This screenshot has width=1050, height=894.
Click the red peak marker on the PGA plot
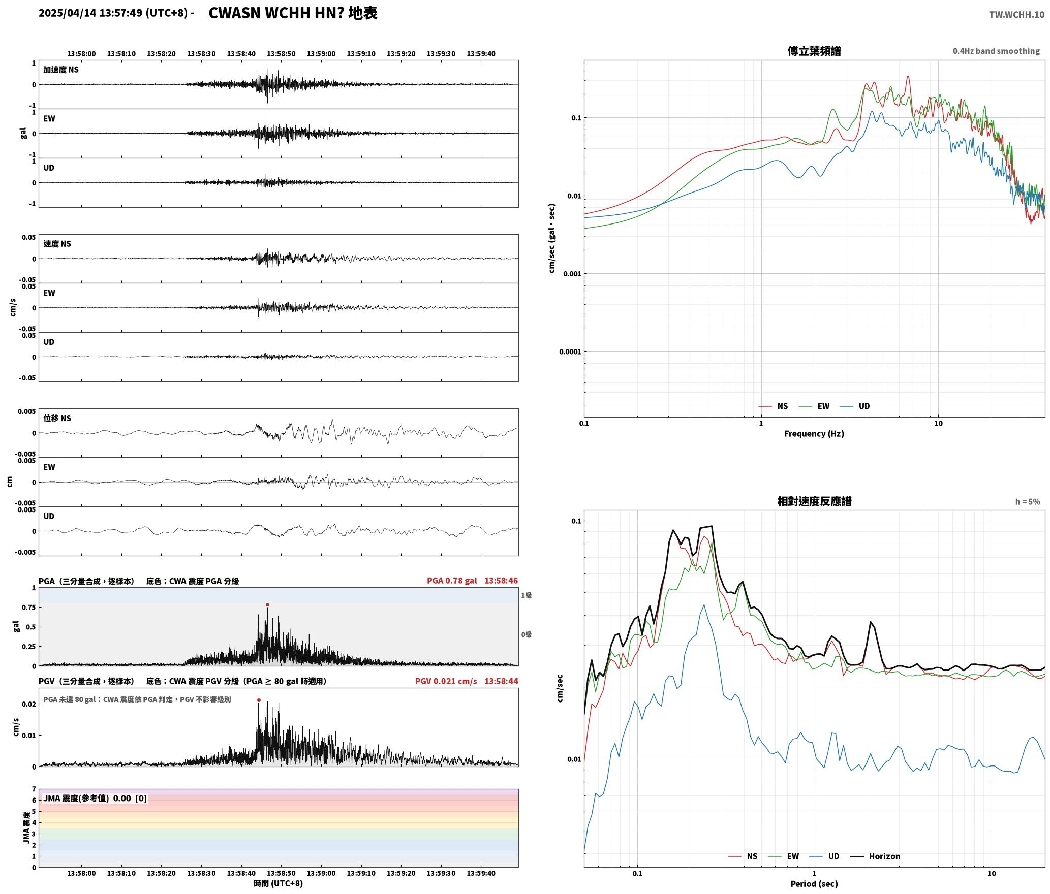point(267,604)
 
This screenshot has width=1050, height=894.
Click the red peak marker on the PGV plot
point(259,700)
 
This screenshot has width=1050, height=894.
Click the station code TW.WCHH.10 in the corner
point(1016,15)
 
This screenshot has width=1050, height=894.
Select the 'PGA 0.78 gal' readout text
point(452,581)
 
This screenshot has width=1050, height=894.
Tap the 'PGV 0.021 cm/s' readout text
point(446,681)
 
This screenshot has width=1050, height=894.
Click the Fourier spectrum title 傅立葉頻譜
point(814,51)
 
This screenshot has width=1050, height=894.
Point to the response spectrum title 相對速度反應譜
point(814,501)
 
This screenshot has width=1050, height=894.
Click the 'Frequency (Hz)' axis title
point(814,434)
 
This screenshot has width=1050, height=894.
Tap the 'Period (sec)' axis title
point(814,884)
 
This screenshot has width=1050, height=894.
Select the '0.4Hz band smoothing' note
point(996,51)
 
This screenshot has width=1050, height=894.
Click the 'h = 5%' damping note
point(1028,502)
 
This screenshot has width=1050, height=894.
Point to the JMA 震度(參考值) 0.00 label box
point(95,798)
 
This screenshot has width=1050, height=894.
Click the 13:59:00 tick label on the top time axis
point(321,54)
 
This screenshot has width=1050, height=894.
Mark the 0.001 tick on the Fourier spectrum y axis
point(572,274)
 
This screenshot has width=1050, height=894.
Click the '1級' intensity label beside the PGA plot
point(526,595)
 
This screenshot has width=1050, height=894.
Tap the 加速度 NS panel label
point(61,70)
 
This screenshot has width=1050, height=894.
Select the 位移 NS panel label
point(57,418)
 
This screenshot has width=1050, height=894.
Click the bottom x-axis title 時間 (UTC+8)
point(279,883)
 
